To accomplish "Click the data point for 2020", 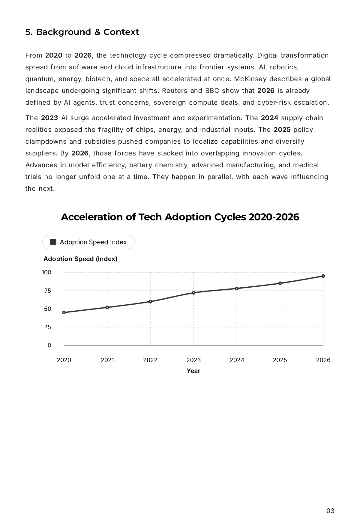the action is click(64, 312).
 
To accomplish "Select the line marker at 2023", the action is click(193, 293).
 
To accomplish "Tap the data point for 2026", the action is click(323, 276).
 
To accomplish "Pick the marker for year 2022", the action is click(150, 301).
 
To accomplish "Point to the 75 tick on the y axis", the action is click(48, 291).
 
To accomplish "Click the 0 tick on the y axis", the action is click(49, 345).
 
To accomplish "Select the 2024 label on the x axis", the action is click(237, 360).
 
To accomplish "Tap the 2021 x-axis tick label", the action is click(107, 360).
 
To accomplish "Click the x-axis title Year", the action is click(193, 371).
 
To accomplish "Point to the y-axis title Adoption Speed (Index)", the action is click(80, 259).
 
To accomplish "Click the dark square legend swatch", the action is click(53, 242).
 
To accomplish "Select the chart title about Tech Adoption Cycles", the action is click(180, 217).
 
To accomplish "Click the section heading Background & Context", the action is click(82, 32).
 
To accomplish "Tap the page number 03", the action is click(330, 511).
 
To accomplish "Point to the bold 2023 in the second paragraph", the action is click(49, 118).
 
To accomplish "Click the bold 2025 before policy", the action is click(282, 130).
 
